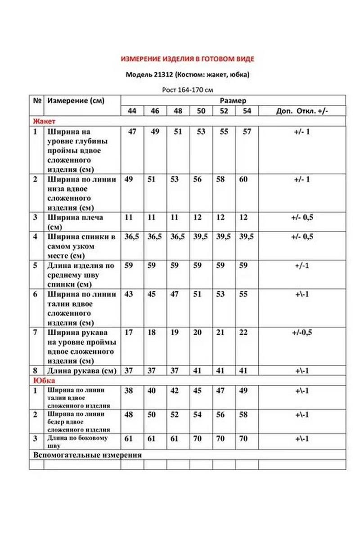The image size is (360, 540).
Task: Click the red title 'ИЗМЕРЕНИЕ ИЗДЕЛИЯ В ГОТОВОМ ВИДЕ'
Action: [188, 59]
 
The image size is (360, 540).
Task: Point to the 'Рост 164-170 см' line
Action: [188, 90]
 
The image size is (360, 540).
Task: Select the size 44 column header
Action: [132, 111]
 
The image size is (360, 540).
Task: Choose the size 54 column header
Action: [247, 111]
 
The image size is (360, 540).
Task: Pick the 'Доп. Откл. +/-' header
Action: [301, 111]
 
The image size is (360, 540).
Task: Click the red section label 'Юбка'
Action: [42, 381]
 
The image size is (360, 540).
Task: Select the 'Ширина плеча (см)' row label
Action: [75, 222]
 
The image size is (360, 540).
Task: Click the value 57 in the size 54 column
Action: [247, 132]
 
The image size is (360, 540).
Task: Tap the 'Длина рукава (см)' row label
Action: [81, 371]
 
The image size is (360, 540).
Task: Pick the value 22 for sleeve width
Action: [243, 333]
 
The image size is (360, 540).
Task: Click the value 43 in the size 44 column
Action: [129, 294]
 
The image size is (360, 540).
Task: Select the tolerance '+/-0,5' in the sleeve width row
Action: [301, 333]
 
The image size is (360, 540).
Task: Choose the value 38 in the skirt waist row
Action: [129, 391]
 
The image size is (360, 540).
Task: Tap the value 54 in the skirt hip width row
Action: [198, 415]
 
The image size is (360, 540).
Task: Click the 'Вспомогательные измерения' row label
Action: [88, 455]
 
